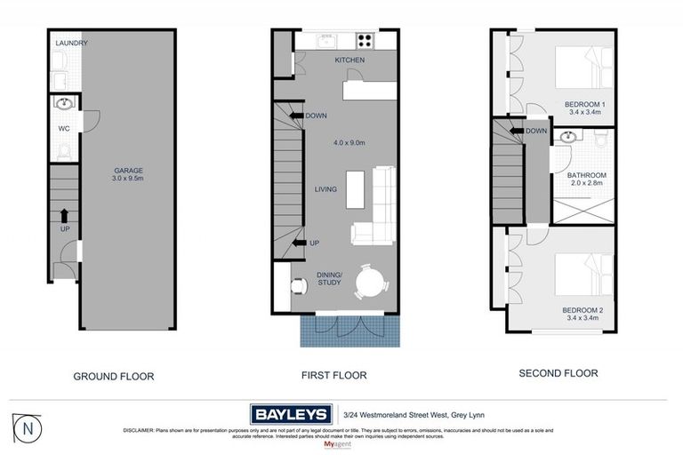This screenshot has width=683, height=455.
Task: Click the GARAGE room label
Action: click(x=128, y=171)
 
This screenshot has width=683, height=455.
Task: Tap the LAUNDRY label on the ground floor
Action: click(x=70, y=43)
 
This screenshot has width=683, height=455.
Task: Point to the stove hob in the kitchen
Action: click(x=365, y=41)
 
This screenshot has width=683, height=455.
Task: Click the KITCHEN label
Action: click(x=350, y=60)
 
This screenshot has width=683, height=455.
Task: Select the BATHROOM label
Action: click(x=587, y=175)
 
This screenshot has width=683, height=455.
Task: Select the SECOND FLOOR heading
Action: click(x=558, y=373)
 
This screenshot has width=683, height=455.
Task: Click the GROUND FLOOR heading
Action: click(x=113, y=376)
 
